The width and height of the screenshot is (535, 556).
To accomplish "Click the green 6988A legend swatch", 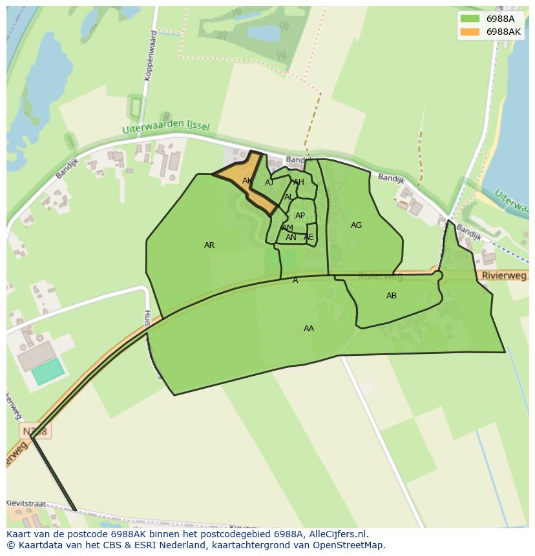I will coord(470,19).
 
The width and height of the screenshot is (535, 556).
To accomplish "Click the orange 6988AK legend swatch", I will coord(470,32).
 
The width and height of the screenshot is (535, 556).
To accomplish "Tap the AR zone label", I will coord(209,245).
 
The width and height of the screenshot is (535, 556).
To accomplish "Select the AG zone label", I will coord(356,225).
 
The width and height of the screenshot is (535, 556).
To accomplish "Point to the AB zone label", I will coord(392,296).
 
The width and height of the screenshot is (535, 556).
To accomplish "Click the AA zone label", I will coord(309,329).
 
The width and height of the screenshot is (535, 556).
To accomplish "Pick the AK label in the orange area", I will coord(247,181).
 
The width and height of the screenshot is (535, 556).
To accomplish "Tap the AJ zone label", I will coord(269,183).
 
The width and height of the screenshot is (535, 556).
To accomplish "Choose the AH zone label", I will coord(299,182).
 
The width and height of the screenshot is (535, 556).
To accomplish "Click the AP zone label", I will coord(300,216).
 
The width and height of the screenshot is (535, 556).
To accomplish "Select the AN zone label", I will coord(291,238).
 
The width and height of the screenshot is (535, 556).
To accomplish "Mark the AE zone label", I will coord(308,237).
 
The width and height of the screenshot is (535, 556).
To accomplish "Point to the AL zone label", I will coord(289,197).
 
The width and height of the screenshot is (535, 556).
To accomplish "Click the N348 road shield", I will coord(34,431).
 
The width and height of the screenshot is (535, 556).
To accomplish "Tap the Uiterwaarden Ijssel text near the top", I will coord(166,128).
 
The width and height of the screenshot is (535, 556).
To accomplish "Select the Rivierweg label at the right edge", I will coord(504,276).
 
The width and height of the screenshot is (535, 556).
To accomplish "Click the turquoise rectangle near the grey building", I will coord(48,371).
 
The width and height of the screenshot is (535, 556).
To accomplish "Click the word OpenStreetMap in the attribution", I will coord(350,545).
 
